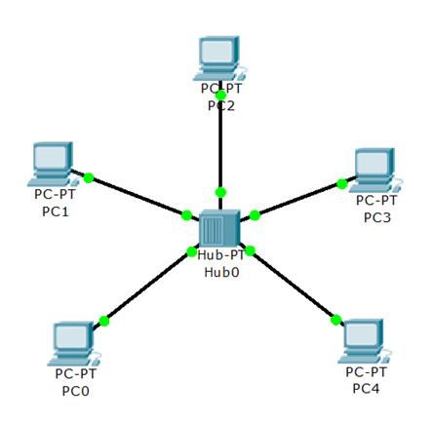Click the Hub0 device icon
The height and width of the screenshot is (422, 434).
[219, 228]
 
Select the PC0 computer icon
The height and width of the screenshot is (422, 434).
[74, 344]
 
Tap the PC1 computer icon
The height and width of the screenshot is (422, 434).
[53, 165]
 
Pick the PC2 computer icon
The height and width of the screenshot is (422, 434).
[219, 58]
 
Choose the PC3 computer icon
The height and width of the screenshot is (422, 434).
[375, 171]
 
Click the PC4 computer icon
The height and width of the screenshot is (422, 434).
[365, 341]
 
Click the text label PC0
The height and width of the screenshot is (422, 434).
[75, 391]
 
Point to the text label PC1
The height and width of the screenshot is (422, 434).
[56, 211]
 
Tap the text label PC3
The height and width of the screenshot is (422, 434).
[377, 217]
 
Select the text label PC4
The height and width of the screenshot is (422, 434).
[366, 389]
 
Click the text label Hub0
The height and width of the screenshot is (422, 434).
[221, 272]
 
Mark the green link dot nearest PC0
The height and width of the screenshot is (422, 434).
[104, 322]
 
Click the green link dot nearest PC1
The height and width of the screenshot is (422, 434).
[89, 177]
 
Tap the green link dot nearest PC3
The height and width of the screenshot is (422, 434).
[342, 184]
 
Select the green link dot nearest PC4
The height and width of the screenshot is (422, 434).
[336, 320]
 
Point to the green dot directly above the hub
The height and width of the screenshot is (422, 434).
[220, 192]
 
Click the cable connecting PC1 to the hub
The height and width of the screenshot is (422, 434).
[136, 195]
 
